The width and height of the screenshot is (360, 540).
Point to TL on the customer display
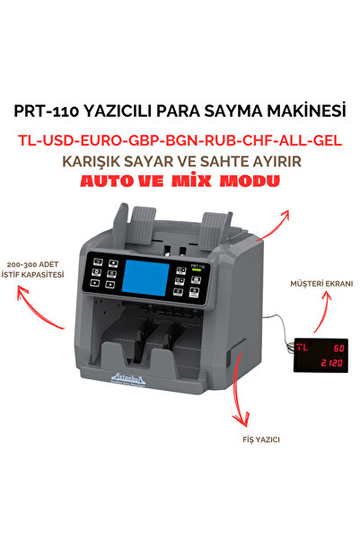pyautogui.click(x=305, y=346)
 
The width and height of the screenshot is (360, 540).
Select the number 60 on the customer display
pyautogui.click(x=337, y=346)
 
